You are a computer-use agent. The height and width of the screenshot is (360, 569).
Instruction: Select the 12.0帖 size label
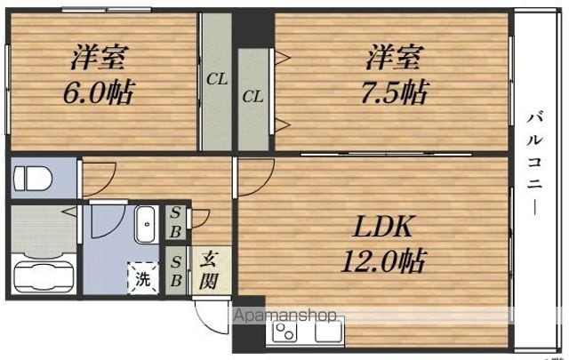[383, 260]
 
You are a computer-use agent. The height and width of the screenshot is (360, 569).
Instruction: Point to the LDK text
[382, 226]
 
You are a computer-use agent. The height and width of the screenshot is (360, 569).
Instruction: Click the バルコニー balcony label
[534, 164]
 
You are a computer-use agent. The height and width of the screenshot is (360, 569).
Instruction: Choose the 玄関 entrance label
[209, 270]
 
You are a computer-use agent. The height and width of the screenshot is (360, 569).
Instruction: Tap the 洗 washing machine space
[143, 278]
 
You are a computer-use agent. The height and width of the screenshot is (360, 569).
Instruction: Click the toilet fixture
[33, 178]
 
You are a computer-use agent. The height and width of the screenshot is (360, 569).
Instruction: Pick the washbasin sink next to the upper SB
[146, 224]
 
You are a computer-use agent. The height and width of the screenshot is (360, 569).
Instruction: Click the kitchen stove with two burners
[284, 332]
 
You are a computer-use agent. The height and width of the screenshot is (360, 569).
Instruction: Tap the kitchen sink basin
[328, 331]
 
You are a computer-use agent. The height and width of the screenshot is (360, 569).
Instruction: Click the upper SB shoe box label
[176, 222]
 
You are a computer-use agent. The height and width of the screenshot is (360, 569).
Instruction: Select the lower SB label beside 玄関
[176, 271]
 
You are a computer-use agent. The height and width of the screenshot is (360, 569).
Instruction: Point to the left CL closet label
[217, 79]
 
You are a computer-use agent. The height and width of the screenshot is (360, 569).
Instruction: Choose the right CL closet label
[252, 97]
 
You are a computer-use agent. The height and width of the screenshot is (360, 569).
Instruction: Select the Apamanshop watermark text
[285, 316]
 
